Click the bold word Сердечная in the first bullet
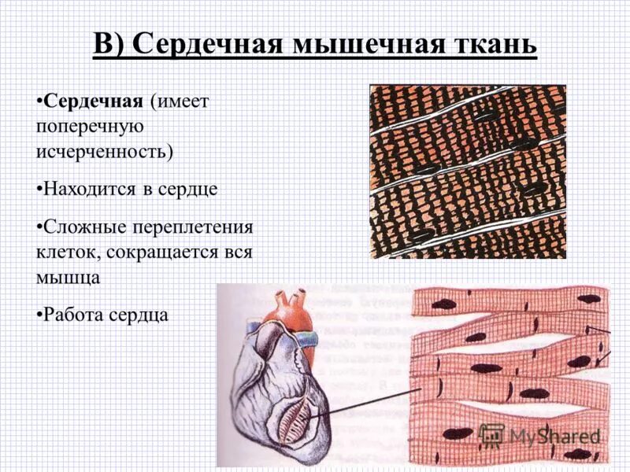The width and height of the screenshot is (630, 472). click(93, 101)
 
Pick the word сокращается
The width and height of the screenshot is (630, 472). click(172, 253)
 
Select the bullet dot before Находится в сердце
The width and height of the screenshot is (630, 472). click(39, 190)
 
